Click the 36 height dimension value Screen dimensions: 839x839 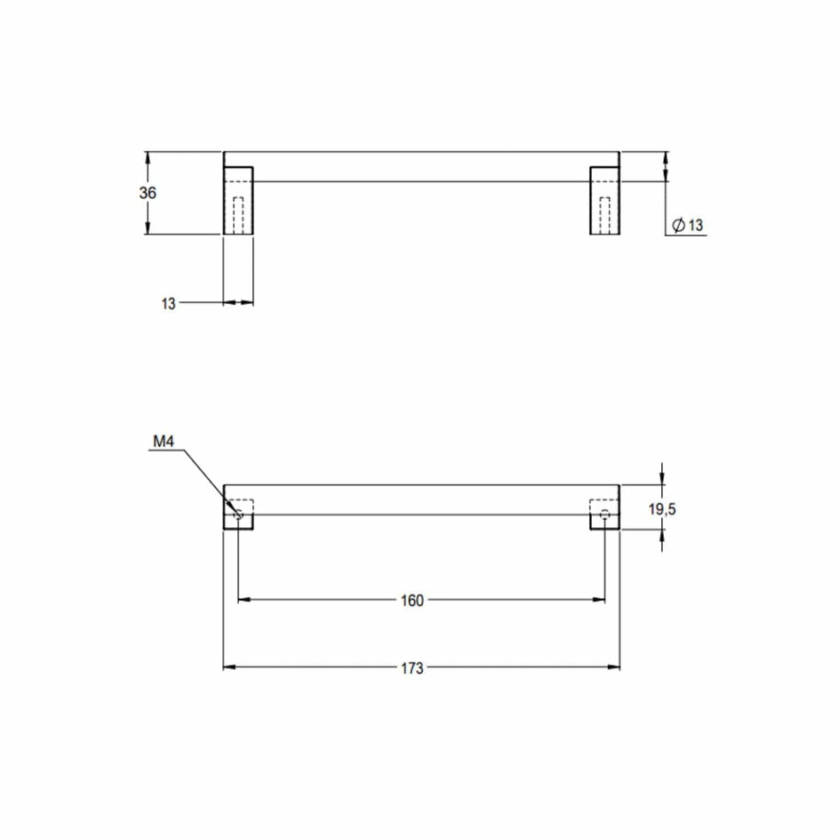pyautogui.click(x=148, y=193)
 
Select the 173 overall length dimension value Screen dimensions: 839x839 pyautogui.click(x=412, y=667)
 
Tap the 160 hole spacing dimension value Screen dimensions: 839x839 pyautogui.click(x=412, y=600)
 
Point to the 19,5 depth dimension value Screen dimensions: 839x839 pyautogui.click(x=662, y=509)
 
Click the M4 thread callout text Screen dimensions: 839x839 pyautogui.click(x=164, y=442)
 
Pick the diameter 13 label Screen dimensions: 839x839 pyautogui.click(x=688, y=225)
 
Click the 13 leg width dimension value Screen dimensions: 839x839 pyautogui.click(x=169, y=303)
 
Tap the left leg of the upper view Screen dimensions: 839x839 pyautogui.click(x=238, y=200)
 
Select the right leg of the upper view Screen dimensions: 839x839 pyautogui.click(x=604, y=200)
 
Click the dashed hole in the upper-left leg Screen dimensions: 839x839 pyautogui.click(x=239, y=216)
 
